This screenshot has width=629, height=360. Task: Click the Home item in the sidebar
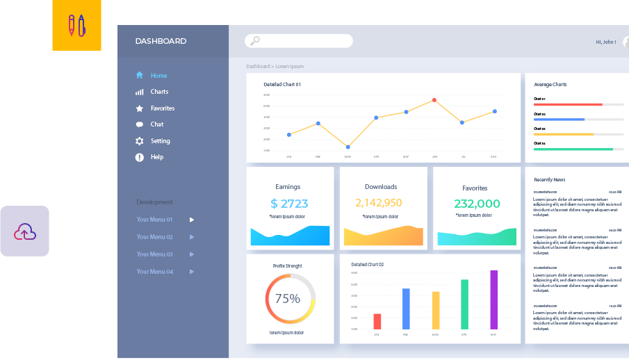click(x=158, y=75)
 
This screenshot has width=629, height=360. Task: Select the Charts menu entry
click(x=159, y=92)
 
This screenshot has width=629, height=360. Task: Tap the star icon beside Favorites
click(x=140, y=108)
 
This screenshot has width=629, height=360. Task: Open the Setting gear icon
click(x=140, y=141)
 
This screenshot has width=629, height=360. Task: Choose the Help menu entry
click(x=157, y=157)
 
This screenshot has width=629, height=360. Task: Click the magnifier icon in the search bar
click(x=254, y=41)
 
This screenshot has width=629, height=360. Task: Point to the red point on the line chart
click(x=434, y=100)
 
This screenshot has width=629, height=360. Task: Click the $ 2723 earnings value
click(x=289, y=204)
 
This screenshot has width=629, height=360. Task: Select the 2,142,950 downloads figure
click(x=379, y=203)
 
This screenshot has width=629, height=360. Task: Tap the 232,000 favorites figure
click(x=477, y=204)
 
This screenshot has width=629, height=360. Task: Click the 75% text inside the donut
click(x=288, y=299)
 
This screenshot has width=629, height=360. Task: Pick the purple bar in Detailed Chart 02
click(x=494, y=300)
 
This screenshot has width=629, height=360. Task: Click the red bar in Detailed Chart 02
click(x=377, y=321)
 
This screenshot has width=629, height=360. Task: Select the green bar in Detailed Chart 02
click(x=464, y=304)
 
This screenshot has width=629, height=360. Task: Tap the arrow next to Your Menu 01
click(x=192, y=220)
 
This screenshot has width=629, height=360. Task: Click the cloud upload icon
click(x=25, y=231)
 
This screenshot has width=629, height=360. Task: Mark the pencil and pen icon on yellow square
click(x=76, y=26)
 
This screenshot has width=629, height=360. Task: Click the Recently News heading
click(x=549, y=180)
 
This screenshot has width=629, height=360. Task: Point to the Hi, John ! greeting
click(x=605, y=42)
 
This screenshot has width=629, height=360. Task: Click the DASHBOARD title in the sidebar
click(x=161, y=41)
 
